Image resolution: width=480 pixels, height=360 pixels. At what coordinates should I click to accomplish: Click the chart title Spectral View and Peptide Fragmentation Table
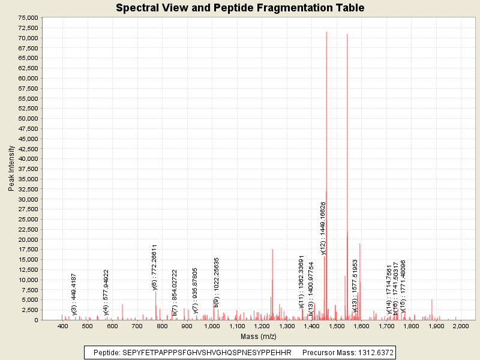coord(240,8)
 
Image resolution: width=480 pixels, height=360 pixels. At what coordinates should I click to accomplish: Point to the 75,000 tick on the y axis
coord(29,18)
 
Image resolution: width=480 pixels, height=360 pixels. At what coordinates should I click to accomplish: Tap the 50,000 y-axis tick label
coord(29,118)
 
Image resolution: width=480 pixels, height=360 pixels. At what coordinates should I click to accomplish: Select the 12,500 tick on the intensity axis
coord(29,269)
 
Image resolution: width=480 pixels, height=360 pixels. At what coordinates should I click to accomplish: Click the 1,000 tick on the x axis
coord(212,326)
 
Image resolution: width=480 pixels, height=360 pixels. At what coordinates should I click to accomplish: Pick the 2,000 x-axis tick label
coord(460,326)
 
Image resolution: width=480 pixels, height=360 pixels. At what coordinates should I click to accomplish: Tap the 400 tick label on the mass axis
coord(62,326)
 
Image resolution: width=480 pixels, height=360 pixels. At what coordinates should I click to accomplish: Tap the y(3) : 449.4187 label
coord(74,294)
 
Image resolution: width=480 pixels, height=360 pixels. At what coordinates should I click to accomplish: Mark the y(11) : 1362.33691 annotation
coord(302,281)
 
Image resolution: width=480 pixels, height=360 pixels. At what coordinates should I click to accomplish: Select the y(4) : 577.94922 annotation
coord(106,292)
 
